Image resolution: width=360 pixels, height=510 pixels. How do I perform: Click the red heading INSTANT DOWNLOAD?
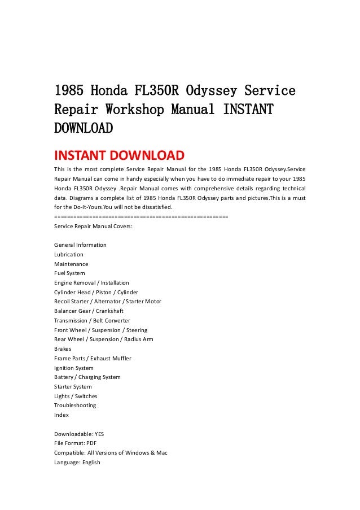(119, 155)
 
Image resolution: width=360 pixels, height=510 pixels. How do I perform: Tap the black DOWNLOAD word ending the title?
(83, 128)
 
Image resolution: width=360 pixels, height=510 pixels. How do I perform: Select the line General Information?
(80, 245)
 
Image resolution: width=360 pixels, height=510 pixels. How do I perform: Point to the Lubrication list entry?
(69, 255)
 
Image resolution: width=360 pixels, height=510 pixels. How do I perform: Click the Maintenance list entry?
(71, 264)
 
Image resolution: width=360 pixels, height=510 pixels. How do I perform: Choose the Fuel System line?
(69, 273)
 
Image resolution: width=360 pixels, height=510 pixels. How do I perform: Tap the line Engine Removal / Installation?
(91, 283)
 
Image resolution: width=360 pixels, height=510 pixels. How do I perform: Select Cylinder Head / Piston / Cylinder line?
(96, 292)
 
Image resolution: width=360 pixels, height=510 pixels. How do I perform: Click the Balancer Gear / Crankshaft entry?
(89, 311)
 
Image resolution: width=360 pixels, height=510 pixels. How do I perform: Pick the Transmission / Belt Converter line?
(92, 320)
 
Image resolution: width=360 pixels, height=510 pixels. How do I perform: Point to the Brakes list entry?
(63, 349)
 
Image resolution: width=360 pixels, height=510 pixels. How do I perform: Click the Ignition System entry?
(74, 368)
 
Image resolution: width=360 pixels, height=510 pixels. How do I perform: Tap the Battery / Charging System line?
(87, 377)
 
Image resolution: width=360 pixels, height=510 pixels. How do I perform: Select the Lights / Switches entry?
(76, 396)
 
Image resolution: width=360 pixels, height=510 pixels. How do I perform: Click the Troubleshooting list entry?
(75, 406)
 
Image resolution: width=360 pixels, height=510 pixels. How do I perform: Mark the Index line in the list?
(62, 415)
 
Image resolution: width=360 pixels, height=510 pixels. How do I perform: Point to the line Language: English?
(77, 462)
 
